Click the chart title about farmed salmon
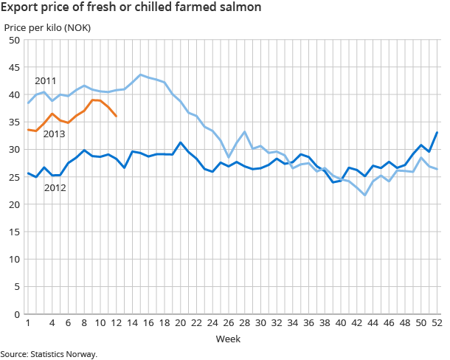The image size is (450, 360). click(130, 9)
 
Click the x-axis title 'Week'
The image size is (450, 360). click(226, 339)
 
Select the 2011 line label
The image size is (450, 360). click(46, 80)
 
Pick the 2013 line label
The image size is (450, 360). click(55, 134)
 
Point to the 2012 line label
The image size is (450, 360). click(55, 188)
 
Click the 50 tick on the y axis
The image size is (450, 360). click(14, 40)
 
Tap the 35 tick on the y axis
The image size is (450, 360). click(14, 122)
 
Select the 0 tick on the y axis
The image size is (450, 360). click(16, 314)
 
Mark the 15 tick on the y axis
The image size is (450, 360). click(14, 232)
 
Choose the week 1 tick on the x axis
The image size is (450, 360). click(28, 323)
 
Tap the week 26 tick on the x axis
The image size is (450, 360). click(229, 323)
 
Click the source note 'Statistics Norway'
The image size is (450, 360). click(49, 354)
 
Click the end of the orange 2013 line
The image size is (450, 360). click(117, 117)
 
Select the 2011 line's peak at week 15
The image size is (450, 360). click(141, 75)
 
